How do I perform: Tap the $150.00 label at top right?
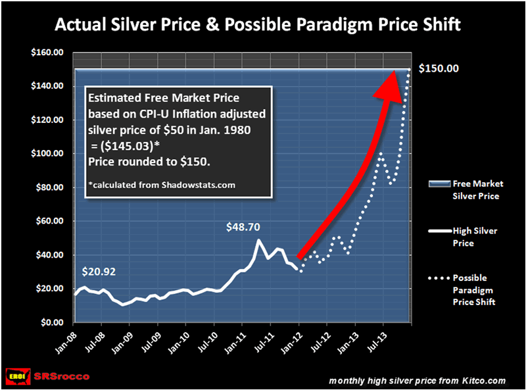click(441, 68)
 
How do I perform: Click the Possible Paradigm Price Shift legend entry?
click(471, 289)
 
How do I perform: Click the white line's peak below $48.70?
click(258, 241)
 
